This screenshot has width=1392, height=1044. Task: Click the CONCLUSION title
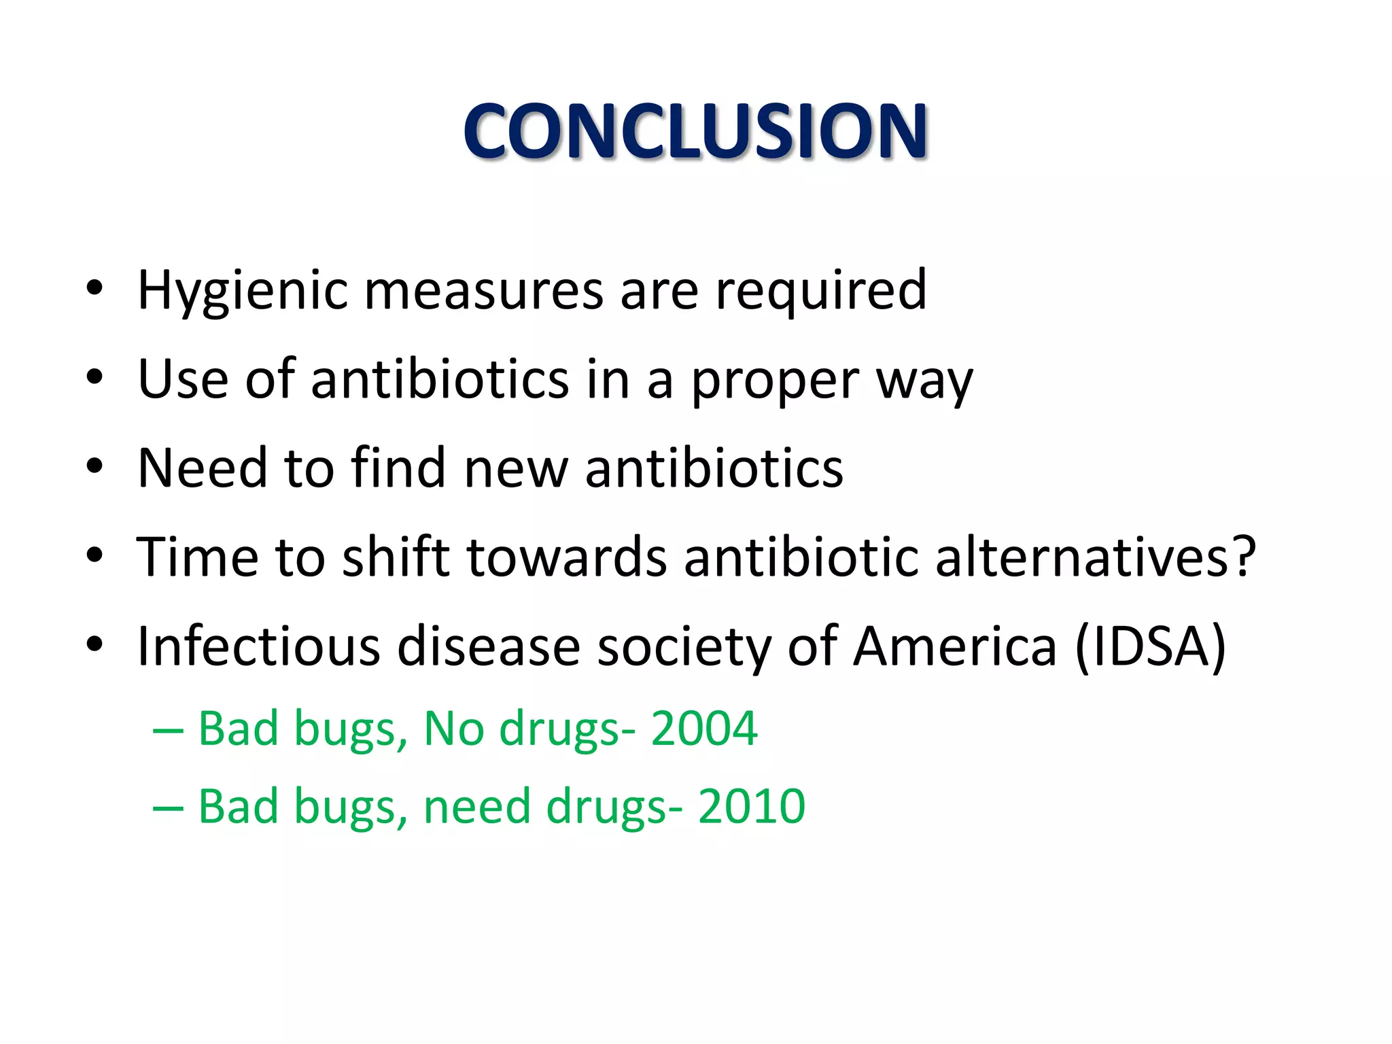pos(695,130)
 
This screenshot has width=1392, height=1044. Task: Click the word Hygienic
pos(243,291)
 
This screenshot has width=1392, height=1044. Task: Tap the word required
pos(821,291)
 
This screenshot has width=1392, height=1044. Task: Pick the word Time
pos(197,557)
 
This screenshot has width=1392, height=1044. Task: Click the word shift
pos(396,557)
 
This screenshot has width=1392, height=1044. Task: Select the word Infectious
pos(258,646)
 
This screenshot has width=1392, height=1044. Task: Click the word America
pos(955,646)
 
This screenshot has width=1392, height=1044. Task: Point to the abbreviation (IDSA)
pos(1151,647)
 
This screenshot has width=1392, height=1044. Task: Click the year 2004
pos(703,729)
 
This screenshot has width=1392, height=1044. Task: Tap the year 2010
pos(751,806)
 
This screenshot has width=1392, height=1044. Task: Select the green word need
pos(476,807)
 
